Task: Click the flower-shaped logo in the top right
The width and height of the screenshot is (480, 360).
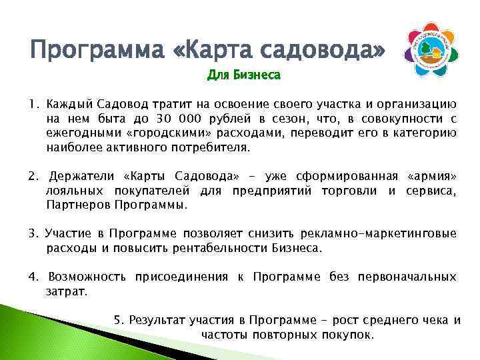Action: click(435, 48)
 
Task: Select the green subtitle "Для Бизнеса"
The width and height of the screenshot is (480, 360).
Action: click(243, 76)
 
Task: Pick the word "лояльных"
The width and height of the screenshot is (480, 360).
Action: click(73, 191)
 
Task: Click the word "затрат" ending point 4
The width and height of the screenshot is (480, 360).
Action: click(66, 291)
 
